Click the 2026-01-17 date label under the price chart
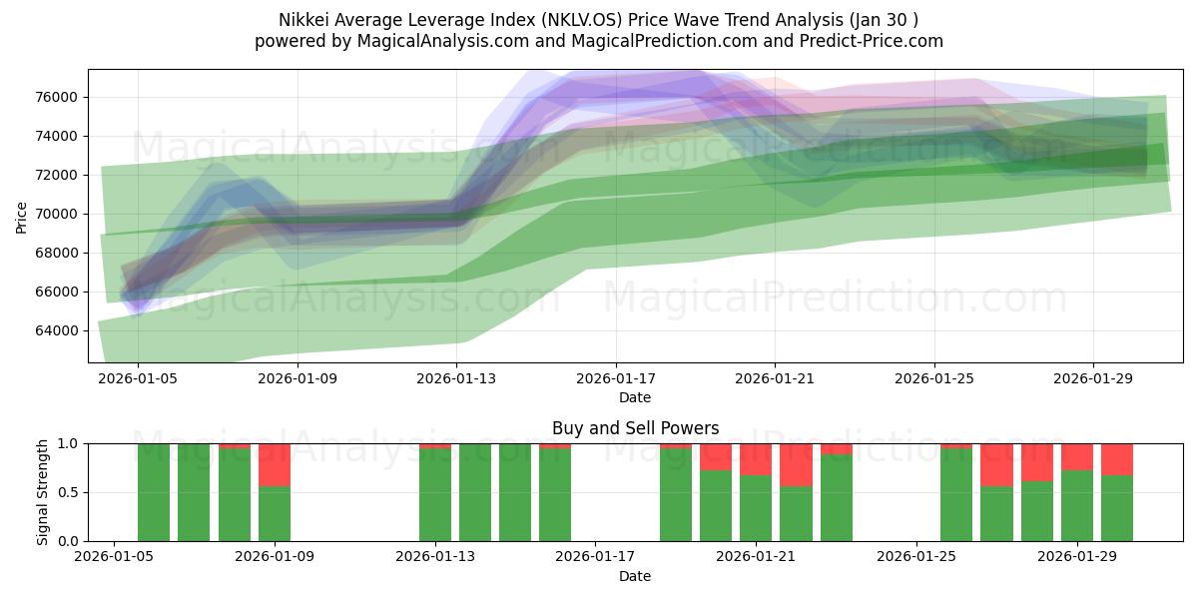pos(616,379)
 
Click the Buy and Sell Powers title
pos(635,428)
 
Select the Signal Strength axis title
pos(42,492)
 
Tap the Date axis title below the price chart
pos(635,397)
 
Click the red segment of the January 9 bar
pos(275,465)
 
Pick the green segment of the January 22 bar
pos(796,513)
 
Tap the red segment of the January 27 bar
pos(996,465)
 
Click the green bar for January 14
pos(475,492)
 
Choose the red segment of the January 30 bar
pos(1117,459)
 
